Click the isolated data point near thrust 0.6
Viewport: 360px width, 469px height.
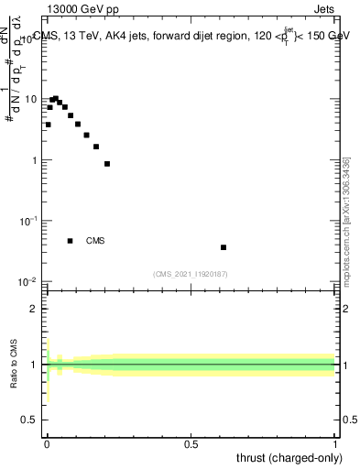[x=224, y=247]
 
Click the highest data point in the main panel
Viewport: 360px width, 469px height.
[x=55, y=98]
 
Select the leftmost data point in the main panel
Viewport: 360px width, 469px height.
[x=48, y=125]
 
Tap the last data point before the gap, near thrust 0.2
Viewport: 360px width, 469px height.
[x=107, y=164]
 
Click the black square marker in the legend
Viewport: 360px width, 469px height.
[x=70, y=241]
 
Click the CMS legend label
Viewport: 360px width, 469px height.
[x=95, y=241]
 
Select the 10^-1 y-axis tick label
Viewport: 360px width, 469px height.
[x=29, y=221]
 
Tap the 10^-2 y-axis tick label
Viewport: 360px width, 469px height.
[x=29, y=281]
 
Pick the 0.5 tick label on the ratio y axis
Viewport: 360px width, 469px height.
[x=30, y=420]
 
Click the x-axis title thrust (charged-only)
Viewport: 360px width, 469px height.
[x=289, y=458]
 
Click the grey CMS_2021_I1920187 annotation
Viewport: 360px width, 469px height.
[x=191, y=274]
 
